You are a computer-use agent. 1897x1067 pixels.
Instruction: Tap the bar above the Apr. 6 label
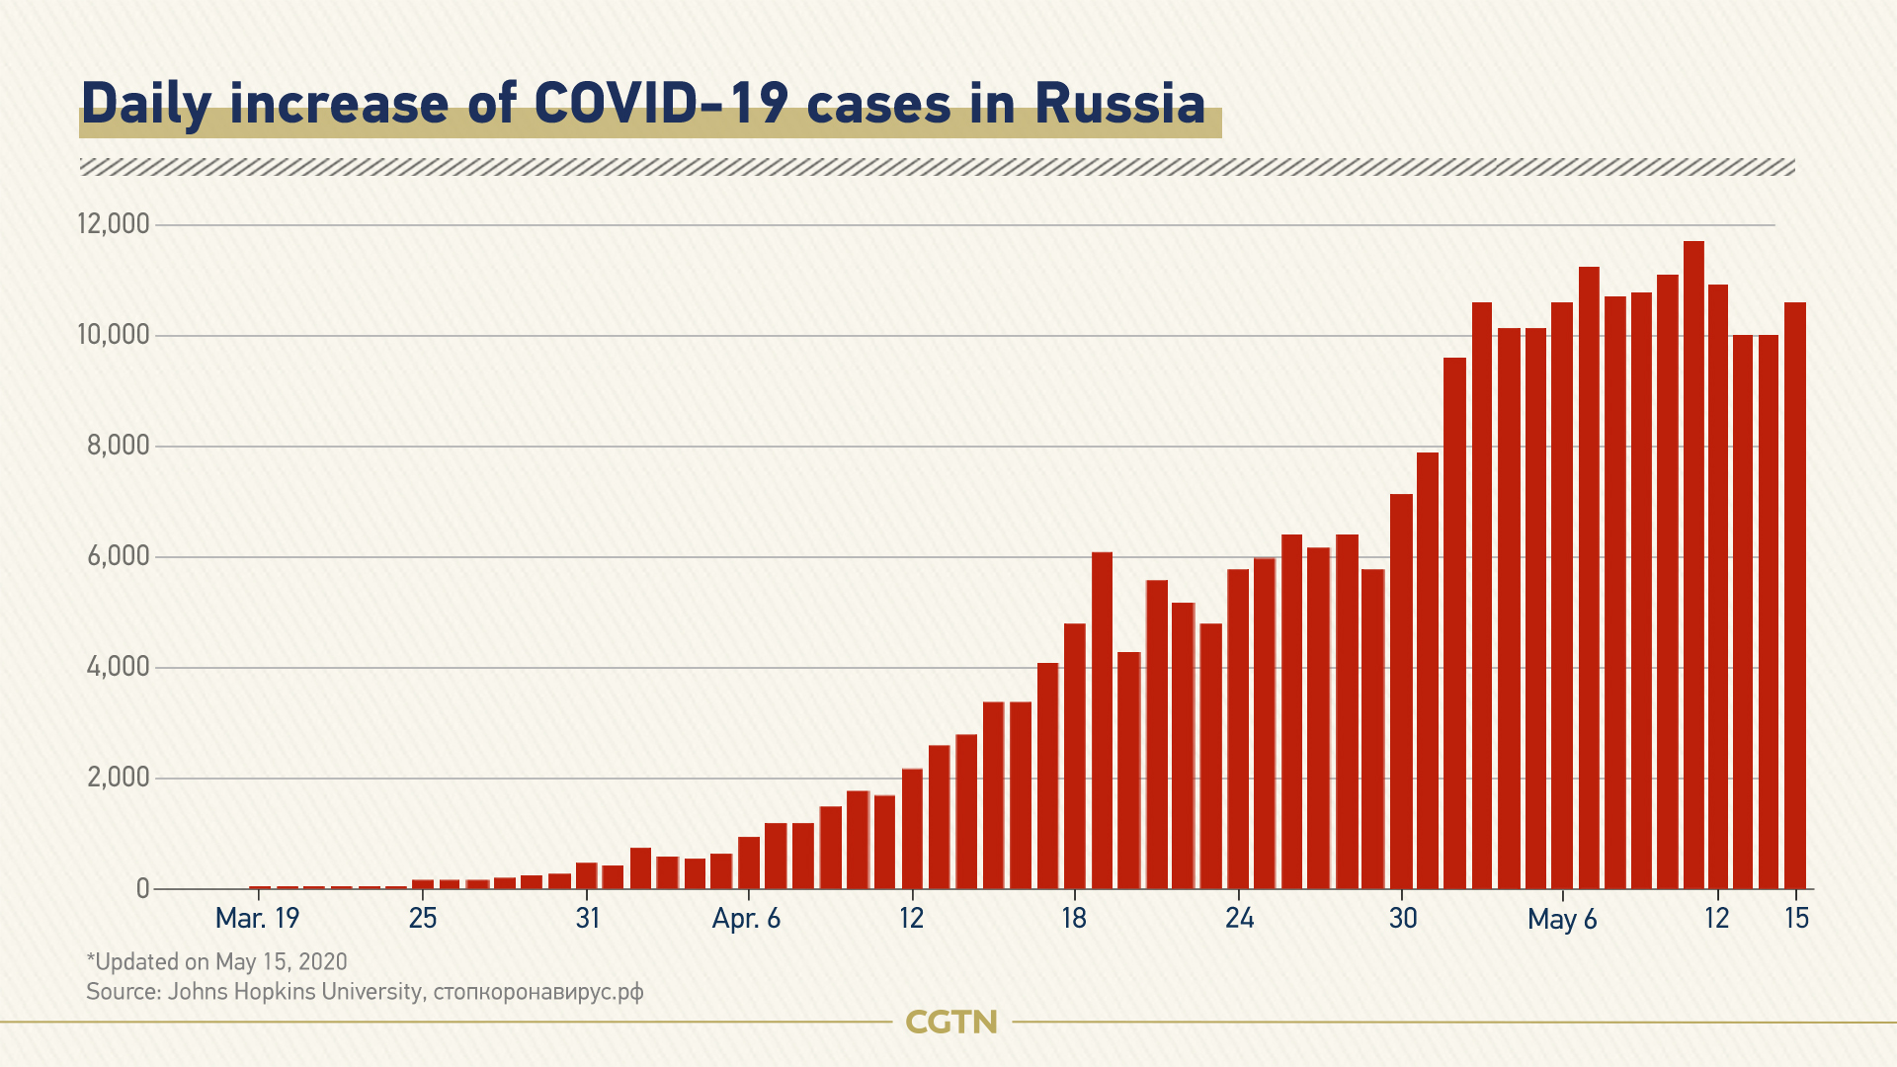pyautogui.click(x=749, y=862)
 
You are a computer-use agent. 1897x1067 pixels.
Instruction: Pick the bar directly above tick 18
pyautogui.click(x=1074, y=756)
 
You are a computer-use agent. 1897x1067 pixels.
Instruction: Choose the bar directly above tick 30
pyautogui.click(x=1401, y=692)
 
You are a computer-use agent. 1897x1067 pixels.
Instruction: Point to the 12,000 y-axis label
pyautogui.click(x=114, y=224)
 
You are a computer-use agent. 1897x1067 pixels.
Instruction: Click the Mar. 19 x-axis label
pyautogui.click(x=257, y=919)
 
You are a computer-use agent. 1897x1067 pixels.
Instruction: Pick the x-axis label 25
pyautogui.click(x=423, y=919)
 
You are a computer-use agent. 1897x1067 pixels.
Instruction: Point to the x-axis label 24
pyautogui.click(x=1239, y=919)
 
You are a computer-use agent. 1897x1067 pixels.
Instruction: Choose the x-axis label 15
pyautogui.click(x=1796, y=919)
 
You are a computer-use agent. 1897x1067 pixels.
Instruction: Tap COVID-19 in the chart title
pyautogui.click(x=660, y=103)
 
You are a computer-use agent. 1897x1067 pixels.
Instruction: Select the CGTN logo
pyautogui.click(x=951, y=1022)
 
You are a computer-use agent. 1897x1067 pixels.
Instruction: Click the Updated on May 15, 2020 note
pyautogui.click(x=217, y=961)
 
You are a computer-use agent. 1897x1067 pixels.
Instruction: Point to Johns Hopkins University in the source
pyautogui.click(x=294, y=991)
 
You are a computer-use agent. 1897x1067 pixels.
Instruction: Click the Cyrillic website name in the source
pyautogui.click(x=538, y=991)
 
